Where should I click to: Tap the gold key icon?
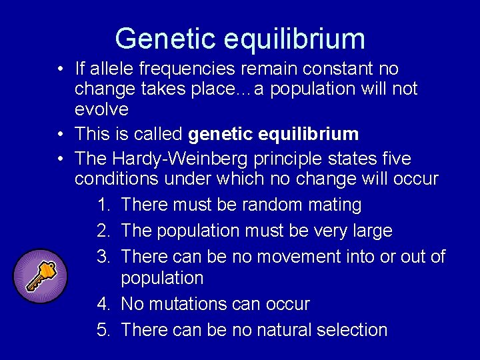(x=40, y=276)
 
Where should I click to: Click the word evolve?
(x=101, y=109)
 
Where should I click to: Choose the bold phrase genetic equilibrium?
(x=273, y=134)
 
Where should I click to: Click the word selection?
(x=356, y=329)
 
